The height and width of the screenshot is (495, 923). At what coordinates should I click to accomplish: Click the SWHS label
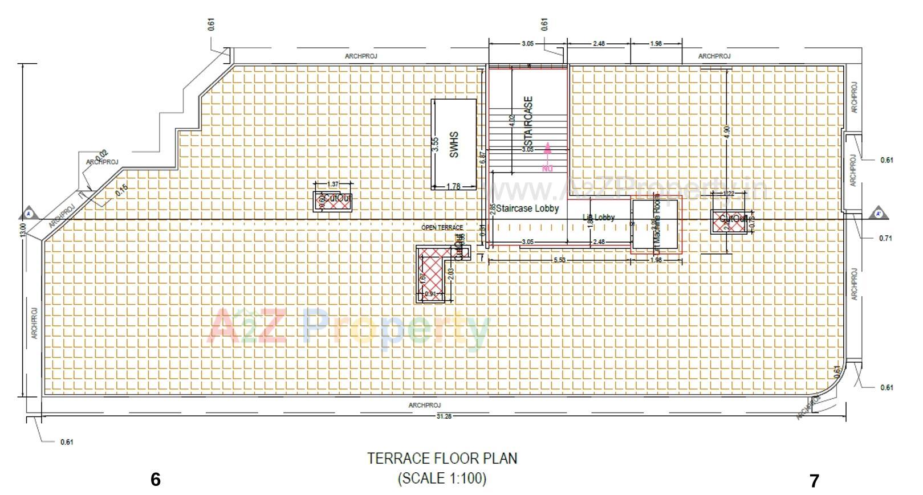(x=454, y=145)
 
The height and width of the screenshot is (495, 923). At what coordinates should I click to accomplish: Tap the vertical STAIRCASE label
(x=529, y=121)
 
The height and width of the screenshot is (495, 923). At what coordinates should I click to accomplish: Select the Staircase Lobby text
(x=527, y=208)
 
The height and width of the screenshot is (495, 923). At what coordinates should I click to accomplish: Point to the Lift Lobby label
(x=599, y=217)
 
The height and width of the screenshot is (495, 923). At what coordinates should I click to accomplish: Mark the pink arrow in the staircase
(x=547, y=149)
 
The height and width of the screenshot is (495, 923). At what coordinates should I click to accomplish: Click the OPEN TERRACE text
(x=442, y=227)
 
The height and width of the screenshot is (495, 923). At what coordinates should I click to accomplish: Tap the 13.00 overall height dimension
(x=22, y=230)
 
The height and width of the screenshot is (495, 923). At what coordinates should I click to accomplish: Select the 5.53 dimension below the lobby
(x=559, y=260)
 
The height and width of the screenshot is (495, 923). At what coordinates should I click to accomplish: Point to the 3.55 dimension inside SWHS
(x=436, y=145)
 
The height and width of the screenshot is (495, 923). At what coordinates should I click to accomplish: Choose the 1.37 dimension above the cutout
(x=334, y=184)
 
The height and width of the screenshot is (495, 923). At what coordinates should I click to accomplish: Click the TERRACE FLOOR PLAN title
(x=442, y=459)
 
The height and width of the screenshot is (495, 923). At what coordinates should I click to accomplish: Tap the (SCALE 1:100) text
(x=442, y=478)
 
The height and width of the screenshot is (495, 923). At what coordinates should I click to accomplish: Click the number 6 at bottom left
(x=156, y=480)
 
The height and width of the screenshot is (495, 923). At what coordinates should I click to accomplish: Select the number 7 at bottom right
(x=814, y=481)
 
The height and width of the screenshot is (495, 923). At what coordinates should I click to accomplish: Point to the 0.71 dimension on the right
(x=885, y=238)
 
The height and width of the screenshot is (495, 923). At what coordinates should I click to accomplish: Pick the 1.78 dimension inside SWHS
(x=453, y=186)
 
